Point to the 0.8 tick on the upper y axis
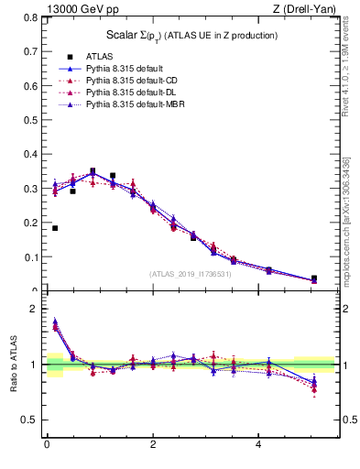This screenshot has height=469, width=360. coord(29,17)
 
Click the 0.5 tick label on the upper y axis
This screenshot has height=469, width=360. coord(29,120)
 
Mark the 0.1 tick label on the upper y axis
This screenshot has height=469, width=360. coord(29,257)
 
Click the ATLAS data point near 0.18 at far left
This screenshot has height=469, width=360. coord(55,228)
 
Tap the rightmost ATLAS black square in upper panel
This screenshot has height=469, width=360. coord(314,278)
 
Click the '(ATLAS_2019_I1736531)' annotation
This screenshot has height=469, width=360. coord(191,273)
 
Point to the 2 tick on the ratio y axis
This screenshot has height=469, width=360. coord(33,309)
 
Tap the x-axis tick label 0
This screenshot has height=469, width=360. coord(46,446)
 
